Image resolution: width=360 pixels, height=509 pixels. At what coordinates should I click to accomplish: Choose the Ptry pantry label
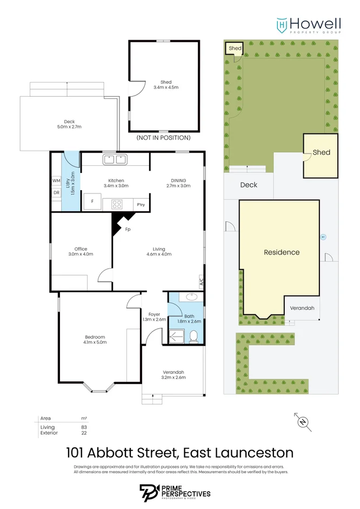[141, 204]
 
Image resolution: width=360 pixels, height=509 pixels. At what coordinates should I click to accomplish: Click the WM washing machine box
[56, 180]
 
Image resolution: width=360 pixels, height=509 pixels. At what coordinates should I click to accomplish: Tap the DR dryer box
[56, 192]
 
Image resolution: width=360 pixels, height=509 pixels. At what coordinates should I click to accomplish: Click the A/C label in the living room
[202, 281]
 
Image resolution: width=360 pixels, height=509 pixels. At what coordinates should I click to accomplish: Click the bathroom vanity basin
[191, 297]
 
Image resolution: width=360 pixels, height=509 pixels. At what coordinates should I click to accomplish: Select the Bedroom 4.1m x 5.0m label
[95, 339]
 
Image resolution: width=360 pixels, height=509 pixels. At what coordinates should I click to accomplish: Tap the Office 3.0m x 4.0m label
[81, 251]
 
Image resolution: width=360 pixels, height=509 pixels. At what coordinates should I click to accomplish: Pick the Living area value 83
[84, 427]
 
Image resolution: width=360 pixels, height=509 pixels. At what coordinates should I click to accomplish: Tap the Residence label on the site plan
[281, 252]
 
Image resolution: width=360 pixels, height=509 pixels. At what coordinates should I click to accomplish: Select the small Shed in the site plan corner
[235, 49]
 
